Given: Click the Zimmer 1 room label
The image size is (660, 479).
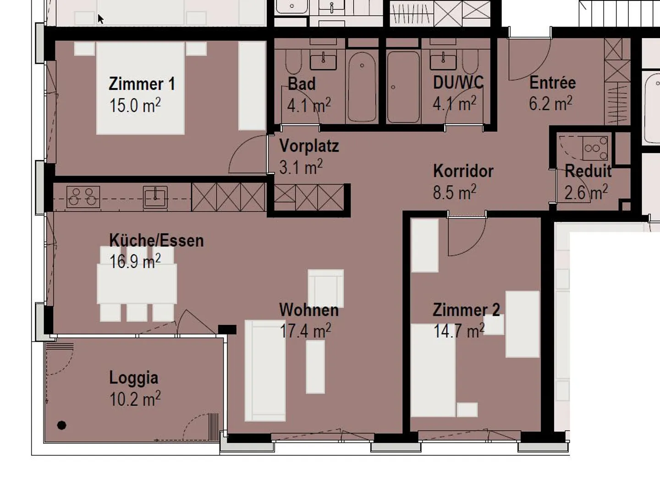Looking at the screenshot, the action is [142, 84].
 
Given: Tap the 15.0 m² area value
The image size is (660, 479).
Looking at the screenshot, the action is [135, 105].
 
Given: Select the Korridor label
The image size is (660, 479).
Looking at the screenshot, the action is [463, 171].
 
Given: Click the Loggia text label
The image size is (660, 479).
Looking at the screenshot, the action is [133, 378].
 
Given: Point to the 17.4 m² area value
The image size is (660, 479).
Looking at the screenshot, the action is [305, 330].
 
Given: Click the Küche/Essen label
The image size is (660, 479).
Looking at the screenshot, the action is [156, 240].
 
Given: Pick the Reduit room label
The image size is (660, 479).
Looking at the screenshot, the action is [588, 171].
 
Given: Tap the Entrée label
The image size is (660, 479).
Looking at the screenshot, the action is [552, 83].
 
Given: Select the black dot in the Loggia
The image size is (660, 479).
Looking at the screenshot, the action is [61, 425].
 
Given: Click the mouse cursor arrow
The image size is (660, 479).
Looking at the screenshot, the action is [100, 19].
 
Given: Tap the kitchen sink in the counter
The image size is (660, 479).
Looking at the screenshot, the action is [155, 197].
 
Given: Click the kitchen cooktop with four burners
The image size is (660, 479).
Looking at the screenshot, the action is [83, 197].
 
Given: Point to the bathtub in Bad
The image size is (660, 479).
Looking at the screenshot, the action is [362, 87].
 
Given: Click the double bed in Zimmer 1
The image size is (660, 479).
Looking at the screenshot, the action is [141, 88].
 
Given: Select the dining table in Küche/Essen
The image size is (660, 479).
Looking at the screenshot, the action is [137, 284].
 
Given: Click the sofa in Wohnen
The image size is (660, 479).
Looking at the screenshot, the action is [265, 370].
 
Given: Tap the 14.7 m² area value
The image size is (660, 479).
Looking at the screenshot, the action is [459, 330].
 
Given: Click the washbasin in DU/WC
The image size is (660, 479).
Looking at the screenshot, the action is [443, 62].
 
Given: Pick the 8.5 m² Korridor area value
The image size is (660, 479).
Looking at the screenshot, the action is [455, 192].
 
